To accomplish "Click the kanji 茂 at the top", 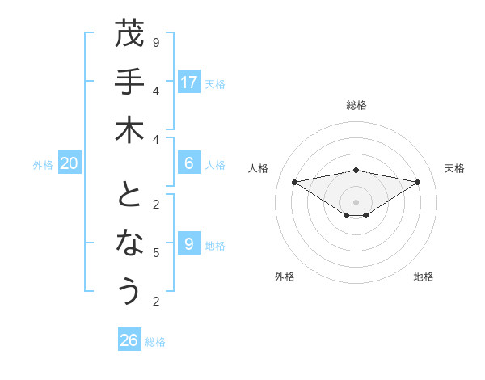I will click(x=129, y=35).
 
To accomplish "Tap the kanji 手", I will click(x=129, y=82).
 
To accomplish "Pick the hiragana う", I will click(x=129, y=291).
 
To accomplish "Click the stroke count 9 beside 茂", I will click(x=156, y=42).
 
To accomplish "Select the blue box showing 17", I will click(x=189, y=82).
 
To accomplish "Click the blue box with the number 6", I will click(x=189, y=163).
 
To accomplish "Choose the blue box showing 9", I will click(x=189, y=243).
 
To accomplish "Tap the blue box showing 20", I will click(x=70, y=163).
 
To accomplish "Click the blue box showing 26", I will click(x=129, y=340).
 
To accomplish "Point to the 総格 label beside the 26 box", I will click(x=155, y=342).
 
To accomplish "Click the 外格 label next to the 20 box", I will click(x=43, y=165).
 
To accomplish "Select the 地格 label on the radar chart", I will click(x=424, y=277).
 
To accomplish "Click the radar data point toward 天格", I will click(x=418, y=182).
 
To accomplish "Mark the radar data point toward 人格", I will click(x=294, y=182).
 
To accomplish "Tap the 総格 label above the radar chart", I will click(x=356, y=105).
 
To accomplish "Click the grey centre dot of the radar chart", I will click(x=356, y=202).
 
